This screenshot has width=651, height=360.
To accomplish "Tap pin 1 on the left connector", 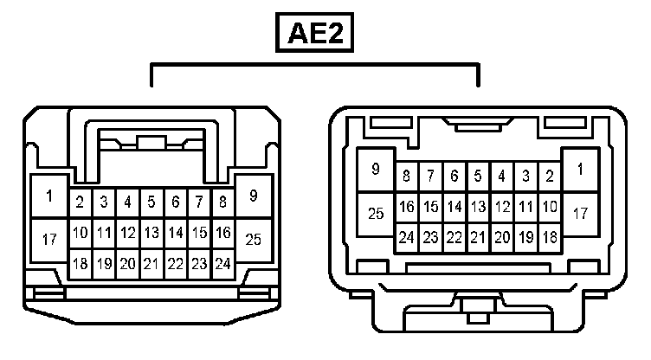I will tap(49, 196).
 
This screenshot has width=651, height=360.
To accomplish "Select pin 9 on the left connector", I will tap(254, 196).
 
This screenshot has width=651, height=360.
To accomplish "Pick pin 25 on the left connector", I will tap(254, 239).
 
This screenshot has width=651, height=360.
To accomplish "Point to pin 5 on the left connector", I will tap(151, 202).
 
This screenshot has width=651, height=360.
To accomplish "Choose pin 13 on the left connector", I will tap(151, 233).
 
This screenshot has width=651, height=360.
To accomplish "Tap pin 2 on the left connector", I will tap(80, 202).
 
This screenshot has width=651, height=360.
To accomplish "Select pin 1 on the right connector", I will tap(580, 170).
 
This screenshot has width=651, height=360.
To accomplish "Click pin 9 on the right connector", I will tap(376, 170).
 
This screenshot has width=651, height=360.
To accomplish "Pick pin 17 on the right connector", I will tap(580, 212).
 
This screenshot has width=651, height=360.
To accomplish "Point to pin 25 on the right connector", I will tap(376, 213).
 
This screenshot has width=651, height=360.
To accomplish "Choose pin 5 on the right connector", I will tap(477, 177).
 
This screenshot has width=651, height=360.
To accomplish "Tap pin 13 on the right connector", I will tap(477, 207).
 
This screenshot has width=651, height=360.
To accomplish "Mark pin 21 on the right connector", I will tap(477, 236).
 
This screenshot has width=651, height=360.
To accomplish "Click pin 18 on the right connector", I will tap(549, 236).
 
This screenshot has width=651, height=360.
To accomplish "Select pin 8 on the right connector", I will tap(406, 177).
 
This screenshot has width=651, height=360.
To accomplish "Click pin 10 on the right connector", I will tap(549, 207).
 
